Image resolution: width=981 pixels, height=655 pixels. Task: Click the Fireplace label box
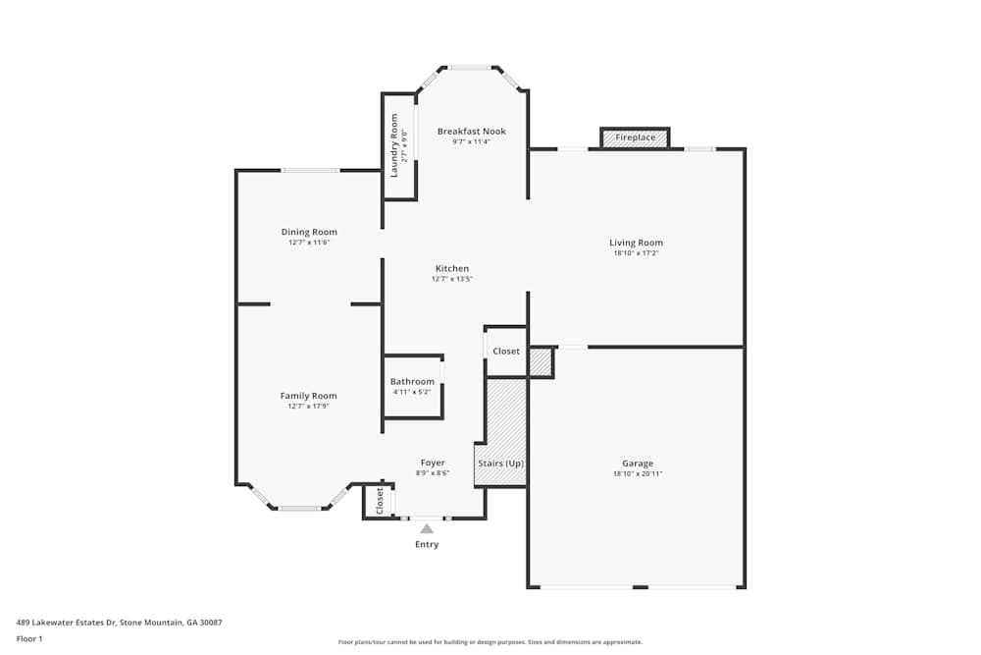[x=635, y=137]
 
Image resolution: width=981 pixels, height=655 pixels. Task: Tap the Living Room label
[x=636, y=243]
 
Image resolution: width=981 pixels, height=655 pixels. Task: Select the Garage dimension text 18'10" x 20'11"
[x=637, y=474]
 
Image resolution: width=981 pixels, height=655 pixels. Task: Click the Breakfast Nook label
[x=471, y=131]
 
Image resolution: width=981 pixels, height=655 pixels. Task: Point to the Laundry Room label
[x=394, y=145]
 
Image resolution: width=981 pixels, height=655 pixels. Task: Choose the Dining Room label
[x=309, y=232]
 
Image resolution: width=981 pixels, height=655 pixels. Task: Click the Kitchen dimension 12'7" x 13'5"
[x=452, y=279]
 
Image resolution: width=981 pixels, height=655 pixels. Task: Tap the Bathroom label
[x=412, y=381]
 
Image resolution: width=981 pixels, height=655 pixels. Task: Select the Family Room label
[x=308, y=396]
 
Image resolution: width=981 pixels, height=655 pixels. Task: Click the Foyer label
[x=433, y=463]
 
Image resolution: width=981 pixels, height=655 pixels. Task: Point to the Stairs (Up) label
[x=500, y=463]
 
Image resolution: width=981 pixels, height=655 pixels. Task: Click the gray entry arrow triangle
[x=427, y=528]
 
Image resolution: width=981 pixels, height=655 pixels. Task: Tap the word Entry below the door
[x=427, y=544]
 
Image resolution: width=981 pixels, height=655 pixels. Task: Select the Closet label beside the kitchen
[x=506, y=351]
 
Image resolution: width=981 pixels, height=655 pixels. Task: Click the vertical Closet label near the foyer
[x=380, y=501]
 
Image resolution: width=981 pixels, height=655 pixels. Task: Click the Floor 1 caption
[x=29, y=638]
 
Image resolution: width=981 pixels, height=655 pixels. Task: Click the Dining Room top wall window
[x=310, y=171]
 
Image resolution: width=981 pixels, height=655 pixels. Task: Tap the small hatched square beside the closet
[x=541, y=361]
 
